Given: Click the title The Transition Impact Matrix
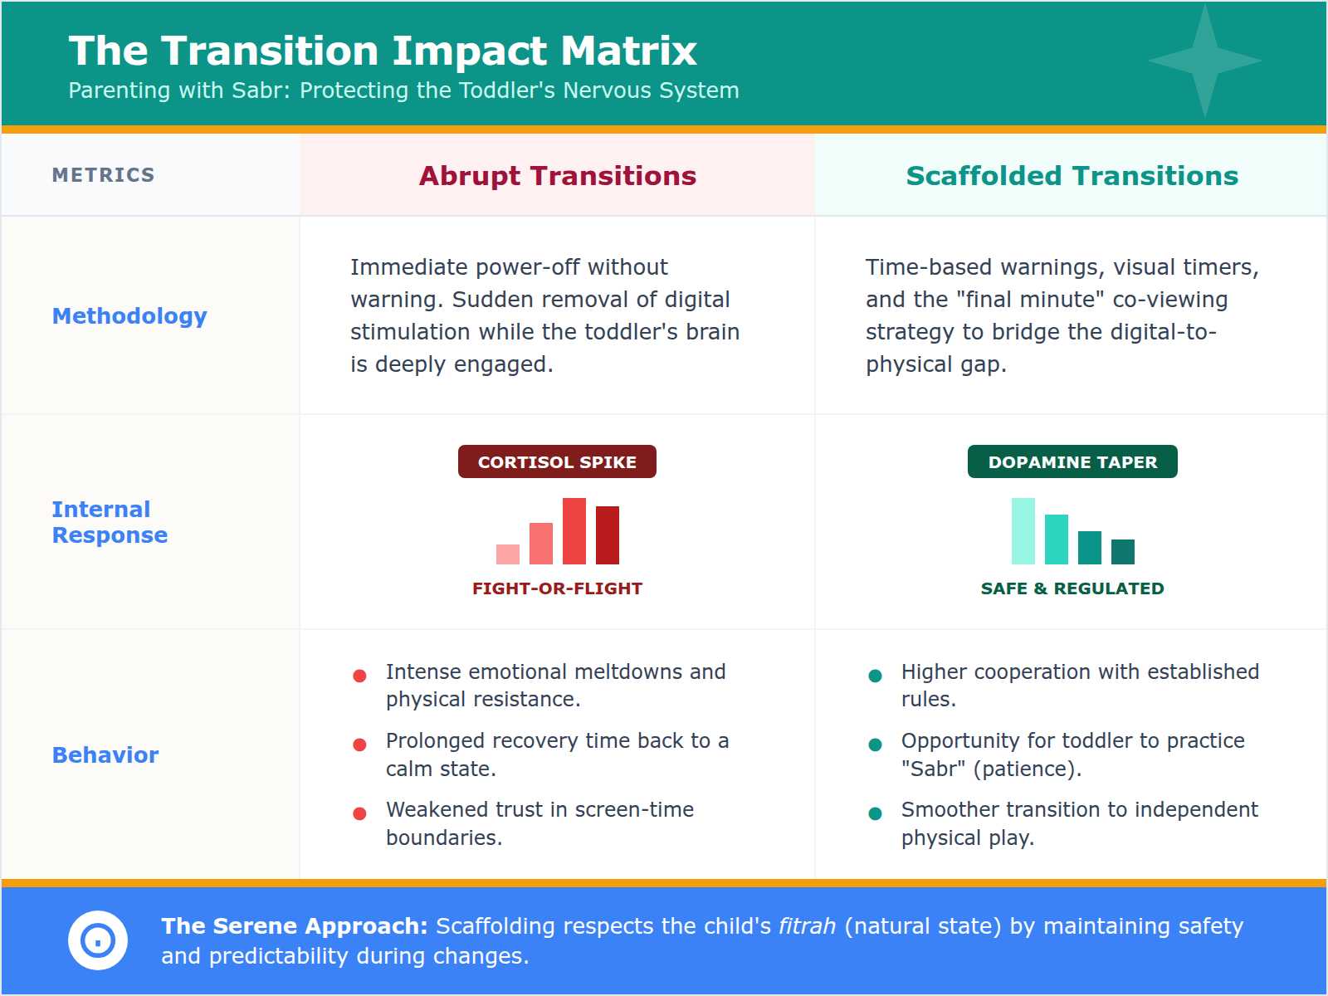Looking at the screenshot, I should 383,51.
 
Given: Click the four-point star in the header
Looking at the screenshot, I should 1205,61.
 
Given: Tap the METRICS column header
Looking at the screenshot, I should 104,175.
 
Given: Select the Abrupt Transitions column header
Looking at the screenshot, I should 557,176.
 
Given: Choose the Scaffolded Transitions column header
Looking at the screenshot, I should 1072,176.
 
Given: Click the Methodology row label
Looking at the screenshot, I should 129,316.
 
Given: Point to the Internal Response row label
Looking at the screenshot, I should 110,522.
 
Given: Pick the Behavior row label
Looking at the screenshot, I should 105,755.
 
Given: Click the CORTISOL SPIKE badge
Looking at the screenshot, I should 557,462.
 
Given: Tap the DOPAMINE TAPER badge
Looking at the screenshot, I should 1072,462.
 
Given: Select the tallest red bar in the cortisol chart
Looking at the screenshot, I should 574,531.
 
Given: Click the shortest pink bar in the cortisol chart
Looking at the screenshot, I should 508,554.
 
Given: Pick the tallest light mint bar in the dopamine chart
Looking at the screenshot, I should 1023,531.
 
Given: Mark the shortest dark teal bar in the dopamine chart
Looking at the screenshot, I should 1123,552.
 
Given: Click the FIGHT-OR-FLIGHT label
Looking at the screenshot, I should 557,588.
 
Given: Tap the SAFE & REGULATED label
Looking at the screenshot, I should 1072,588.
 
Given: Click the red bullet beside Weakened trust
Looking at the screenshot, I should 359,813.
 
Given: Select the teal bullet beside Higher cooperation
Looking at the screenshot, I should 875,676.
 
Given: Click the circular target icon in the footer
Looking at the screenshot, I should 98,940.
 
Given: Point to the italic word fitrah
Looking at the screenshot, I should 807,926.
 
